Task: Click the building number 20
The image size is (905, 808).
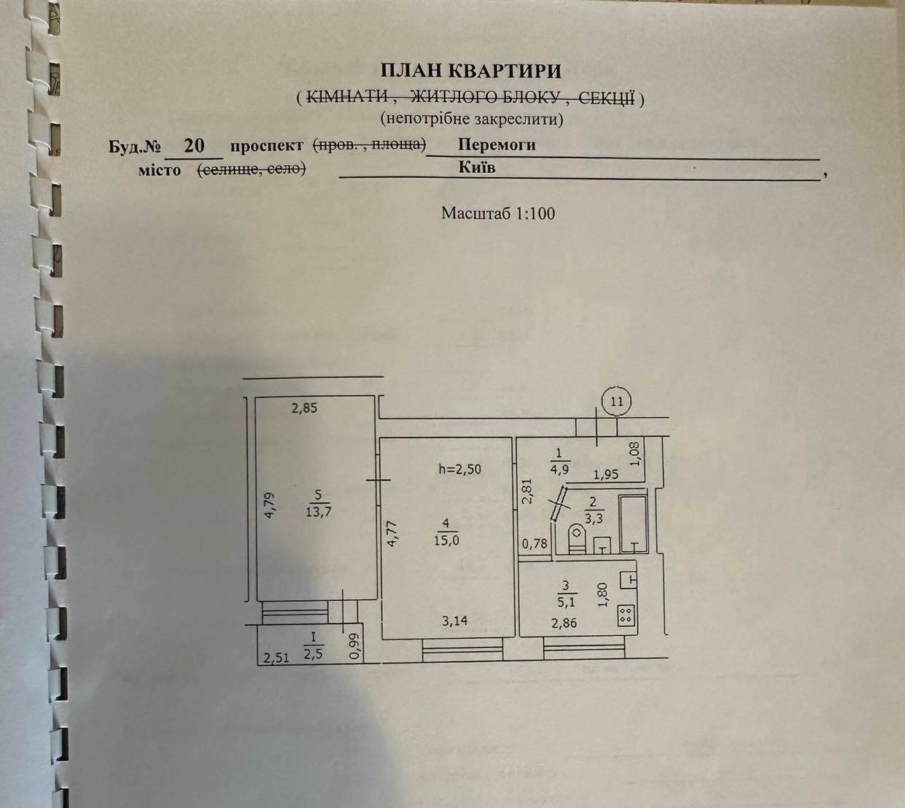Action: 194,146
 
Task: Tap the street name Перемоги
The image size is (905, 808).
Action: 497,144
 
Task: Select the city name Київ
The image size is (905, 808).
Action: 477,168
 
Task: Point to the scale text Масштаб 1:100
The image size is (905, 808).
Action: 498,214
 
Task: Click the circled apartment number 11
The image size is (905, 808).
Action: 616,402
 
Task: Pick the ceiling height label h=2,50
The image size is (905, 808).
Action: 460,470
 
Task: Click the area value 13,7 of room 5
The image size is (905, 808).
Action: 319,512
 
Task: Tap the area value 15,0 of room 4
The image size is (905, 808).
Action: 446,541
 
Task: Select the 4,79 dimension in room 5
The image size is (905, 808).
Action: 270,505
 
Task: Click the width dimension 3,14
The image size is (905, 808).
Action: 454,621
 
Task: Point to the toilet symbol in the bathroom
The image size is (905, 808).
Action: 577,538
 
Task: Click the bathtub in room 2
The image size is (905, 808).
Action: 633,524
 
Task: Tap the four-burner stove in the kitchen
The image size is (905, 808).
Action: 626,615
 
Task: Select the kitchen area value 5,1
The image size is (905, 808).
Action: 565,602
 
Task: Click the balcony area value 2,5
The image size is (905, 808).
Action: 313,655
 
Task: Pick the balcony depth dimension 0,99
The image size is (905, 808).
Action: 355,646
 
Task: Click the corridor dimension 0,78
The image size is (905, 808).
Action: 535,543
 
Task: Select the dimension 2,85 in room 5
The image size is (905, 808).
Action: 304,408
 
